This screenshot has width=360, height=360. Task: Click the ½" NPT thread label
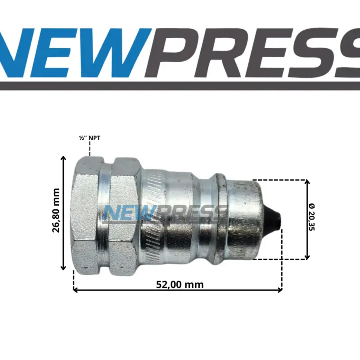pyautogui.click(x=90, y=138)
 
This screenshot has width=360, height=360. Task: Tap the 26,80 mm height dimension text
pyautogui.click(x=56, y=210)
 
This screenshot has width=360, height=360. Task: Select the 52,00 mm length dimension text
pyautogui.click(x=180, y=285)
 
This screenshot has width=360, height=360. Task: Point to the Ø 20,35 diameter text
pyautogui.click(x=312, y=217)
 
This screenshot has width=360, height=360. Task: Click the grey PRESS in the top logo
pyautogui.click(x=252, y=53)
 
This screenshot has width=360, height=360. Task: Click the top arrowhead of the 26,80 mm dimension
pyautogui.click(x=63, y=158)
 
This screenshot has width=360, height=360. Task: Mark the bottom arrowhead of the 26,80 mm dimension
pyautogui.click(x=63, y=268)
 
